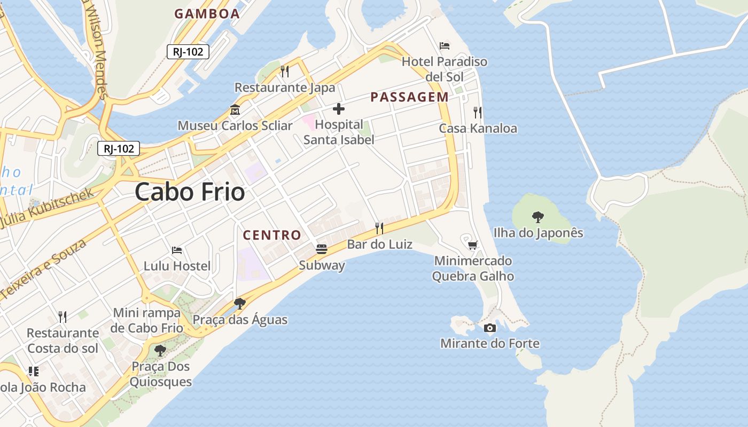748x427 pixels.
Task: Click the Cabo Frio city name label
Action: coord(190,192)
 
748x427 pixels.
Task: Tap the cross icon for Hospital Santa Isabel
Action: coord(339,109)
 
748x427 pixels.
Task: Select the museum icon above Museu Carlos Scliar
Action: coord(235,110)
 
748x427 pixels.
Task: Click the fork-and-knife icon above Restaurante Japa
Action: coord(285,72)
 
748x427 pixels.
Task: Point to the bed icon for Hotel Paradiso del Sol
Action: coord(445,45)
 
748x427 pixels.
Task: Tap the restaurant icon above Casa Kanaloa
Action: coord(477,113)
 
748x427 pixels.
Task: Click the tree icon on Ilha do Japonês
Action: coord(538,217)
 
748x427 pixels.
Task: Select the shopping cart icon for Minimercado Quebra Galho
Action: coord(472,245)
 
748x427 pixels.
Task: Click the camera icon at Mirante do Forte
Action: coord(489,328)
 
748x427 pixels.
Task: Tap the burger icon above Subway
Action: coord(321,249)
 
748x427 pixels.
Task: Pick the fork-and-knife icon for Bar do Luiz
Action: coord(379,228)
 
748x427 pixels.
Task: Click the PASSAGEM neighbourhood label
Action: coord(409,97)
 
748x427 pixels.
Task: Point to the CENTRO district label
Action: coord(272,235)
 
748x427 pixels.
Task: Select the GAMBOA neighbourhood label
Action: coord(207,14)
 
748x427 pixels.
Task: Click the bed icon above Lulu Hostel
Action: coord(177,250)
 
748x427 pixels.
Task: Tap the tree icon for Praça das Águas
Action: coord(240,304)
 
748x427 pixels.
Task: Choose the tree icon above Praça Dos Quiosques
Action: coord(160,351)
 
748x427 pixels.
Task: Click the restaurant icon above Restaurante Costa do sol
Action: coord(63,317)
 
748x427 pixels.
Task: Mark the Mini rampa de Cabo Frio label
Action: coord(147,320)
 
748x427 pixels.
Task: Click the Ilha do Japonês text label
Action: coord(538,233)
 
